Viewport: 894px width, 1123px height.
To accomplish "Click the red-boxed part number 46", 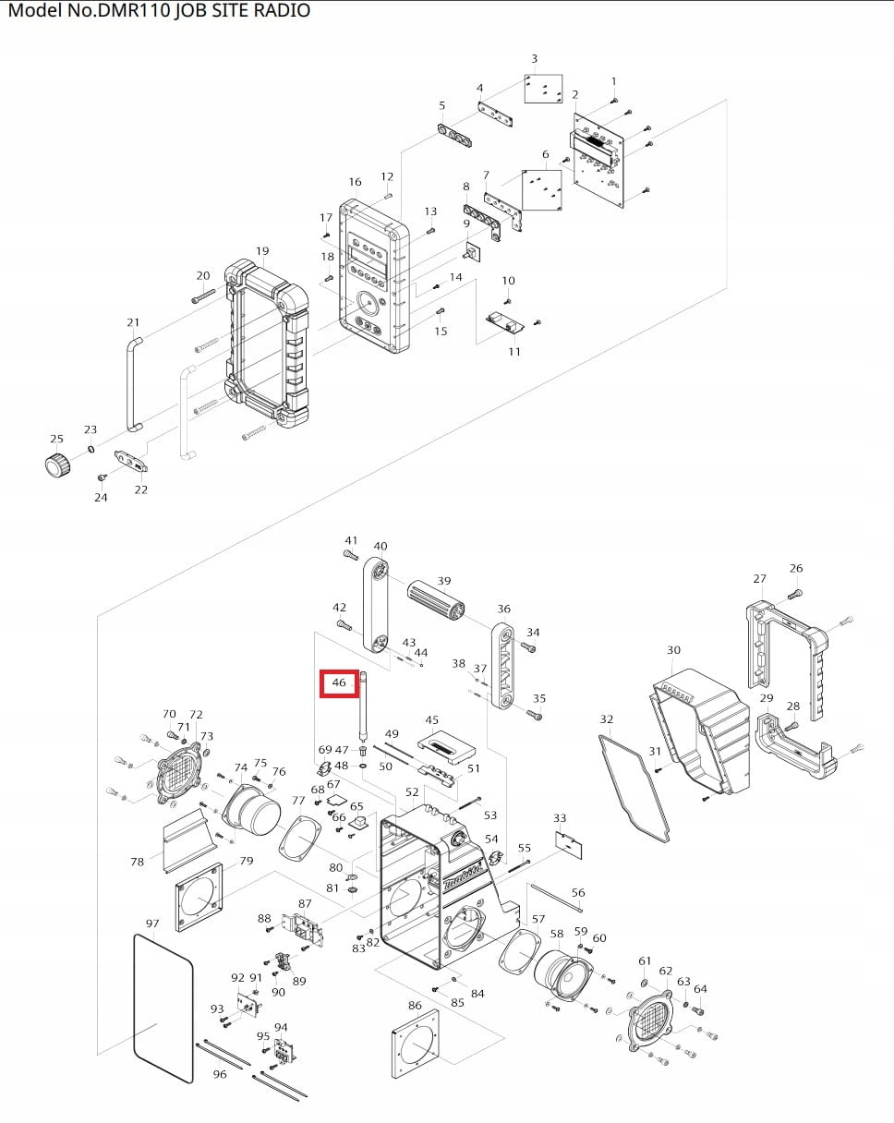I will pos(339,683).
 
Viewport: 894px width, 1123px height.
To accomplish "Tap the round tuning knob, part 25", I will pos(58,465).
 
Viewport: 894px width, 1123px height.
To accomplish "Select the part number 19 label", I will pos(262,251).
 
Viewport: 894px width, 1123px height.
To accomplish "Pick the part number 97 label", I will pos(152,924).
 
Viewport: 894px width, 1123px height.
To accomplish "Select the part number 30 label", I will pos(673,650).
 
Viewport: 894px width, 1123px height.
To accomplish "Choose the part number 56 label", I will pos(578,893).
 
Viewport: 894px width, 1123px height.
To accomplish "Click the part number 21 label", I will pos(133,322).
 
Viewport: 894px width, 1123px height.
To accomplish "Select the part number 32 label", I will pos(606,719).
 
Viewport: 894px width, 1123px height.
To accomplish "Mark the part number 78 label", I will pos(137,862).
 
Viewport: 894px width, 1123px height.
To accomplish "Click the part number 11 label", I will pos(514,352).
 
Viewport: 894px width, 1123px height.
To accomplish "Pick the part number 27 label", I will pos(759,579).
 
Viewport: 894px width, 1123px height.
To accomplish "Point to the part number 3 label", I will pos(534,60).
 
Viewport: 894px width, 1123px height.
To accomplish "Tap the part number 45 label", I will pos(431,720).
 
